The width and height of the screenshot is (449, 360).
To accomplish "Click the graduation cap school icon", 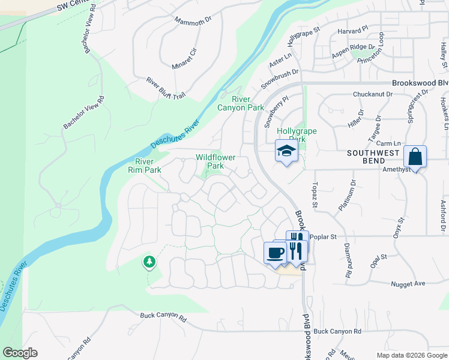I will tap(287, 151).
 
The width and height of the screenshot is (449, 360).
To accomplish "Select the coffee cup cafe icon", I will tap(275, 252).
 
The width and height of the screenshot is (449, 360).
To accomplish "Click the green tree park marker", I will tap(149, 262).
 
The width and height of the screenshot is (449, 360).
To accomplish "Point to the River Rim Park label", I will tap(148, 166).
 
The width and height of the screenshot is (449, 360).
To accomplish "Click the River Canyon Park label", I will tap(248, 103).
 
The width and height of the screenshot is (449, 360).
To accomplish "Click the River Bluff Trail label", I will tap(166, 88).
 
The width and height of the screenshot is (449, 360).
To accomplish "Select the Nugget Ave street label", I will tap(408, 283).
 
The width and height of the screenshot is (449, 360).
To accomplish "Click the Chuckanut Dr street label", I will tap(372, 94).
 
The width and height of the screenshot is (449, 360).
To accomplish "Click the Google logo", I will tap(20, 353).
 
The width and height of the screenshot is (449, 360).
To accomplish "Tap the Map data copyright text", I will tap(411, 355).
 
